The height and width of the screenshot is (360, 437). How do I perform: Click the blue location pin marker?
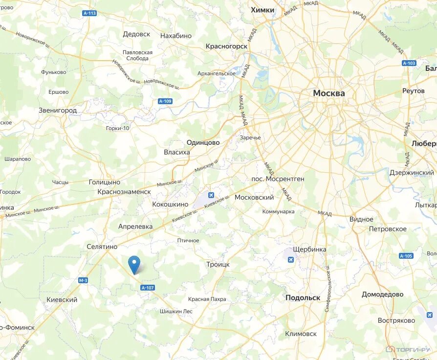tap(134, 264)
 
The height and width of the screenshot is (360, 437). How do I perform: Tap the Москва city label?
tap(329, 93)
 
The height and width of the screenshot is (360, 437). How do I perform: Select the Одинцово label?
tap(203, 142)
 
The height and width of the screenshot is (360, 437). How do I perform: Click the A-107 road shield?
tap(147, 288)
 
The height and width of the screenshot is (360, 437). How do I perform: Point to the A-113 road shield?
tap(89, 14)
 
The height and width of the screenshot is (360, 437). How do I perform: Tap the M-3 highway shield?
tap(83, 280)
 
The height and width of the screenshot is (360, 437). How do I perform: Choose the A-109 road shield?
tap(165, 101)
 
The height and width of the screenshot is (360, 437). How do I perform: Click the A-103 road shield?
tap(409, 63)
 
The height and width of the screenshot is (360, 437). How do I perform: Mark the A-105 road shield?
tap(406, 256)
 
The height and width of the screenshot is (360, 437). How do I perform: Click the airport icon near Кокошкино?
tap(211, 196)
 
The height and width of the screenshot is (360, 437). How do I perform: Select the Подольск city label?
tap(303, 297)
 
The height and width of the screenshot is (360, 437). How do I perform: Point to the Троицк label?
tap(218, 264)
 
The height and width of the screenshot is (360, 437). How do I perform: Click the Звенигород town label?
tap(58, 111)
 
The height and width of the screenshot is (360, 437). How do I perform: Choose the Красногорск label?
tap(226, 46)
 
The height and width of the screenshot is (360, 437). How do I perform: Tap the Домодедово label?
tap(382, 294)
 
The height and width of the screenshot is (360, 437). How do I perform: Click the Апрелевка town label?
tap(135, 226)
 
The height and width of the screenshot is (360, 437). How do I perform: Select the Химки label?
tap(262, 10)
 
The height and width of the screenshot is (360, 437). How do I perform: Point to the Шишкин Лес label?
tap(176, 311)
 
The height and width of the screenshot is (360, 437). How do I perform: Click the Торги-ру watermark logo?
tap(408, 349)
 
